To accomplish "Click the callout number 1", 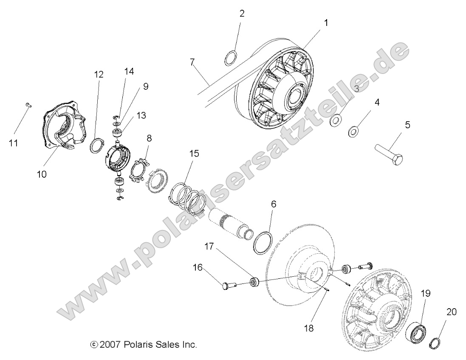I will (326, 23).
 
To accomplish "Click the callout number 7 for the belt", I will (193, 62).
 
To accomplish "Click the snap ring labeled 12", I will (97, 145).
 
